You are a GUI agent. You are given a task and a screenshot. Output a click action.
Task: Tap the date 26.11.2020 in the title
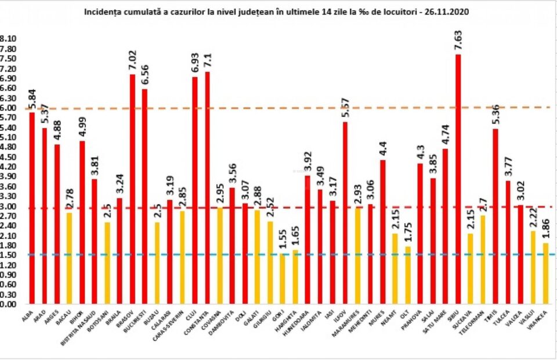tap(446, 11)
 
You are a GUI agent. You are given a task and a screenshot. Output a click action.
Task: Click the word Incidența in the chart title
tap(103, 11)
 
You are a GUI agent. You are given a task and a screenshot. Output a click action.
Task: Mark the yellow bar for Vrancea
tap(545, 273)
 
